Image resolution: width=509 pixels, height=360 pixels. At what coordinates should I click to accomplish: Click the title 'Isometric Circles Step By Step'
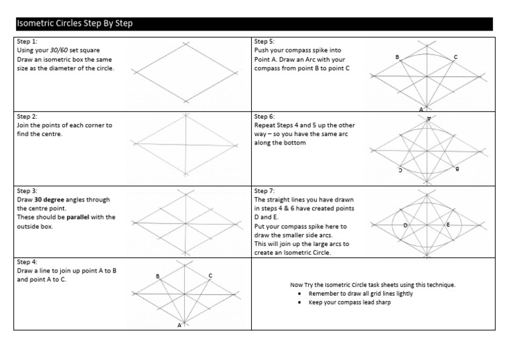pos(74,24)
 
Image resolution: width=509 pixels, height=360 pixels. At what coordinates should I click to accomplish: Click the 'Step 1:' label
pos(27,41)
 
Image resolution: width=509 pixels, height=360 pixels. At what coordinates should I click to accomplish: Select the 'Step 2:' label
pos(27,116)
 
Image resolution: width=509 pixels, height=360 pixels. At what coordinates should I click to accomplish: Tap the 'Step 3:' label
pos(27,191)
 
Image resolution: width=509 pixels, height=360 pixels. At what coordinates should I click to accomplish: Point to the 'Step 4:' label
pos(27,263)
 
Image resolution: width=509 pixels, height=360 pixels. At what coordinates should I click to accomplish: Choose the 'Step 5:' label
pos(264,41)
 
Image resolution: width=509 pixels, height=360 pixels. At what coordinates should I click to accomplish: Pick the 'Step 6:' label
pos(264,116)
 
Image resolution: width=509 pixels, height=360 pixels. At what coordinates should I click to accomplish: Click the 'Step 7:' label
pos(264,191)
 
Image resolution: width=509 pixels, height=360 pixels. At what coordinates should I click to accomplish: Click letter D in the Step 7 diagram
pos(406,226)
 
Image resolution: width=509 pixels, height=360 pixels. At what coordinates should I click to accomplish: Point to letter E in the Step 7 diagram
pos(449,225)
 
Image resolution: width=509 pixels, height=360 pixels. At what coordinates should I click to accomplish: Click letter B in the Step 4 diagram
pos(157,276)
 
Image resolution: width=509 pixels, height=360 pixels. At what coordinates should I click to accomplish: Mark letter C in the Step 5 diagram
pos(455,58)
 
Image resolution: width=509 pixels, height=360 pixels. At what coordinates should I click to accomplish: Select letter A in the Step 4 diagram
pos(179,326)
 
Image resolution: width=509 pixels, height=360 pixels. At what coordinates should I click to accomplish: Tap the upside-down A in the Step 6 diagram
pos(429,118)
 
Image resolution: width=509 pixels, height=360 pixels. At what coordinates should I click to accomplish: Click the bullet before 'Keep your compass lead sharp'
pos(302,302)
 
